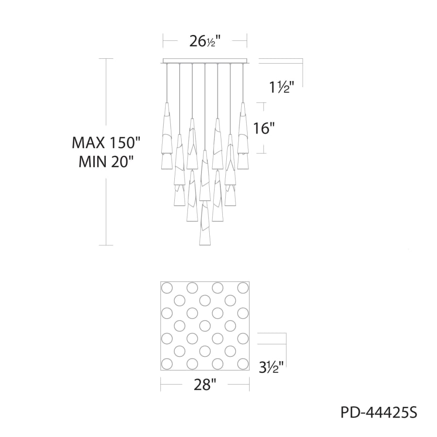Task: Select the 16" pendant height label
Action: tap(264, 128)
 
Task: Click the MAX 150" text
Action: tap(106, 143)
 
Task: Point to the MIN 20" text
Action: tap(106, 161)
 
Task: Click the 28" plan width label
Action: tap(204, 385)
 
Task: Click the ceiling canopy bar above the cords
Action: tap(205, 61)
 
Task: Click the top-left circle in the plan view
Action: tap(167, 287)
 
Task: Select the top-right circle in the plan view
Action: tap(242, 287)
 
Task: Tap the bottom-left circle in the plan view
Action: tap(167, 363)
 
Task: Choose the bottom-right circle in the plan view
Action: tap(242, 363)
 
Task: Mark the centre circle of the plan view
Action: tap(204, 325)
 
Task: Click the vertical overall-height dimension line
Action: tap(106, 97)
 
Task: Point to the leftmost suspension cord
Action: tap(167, 83)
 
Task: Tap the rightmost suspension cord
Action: tap(242, 83)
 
